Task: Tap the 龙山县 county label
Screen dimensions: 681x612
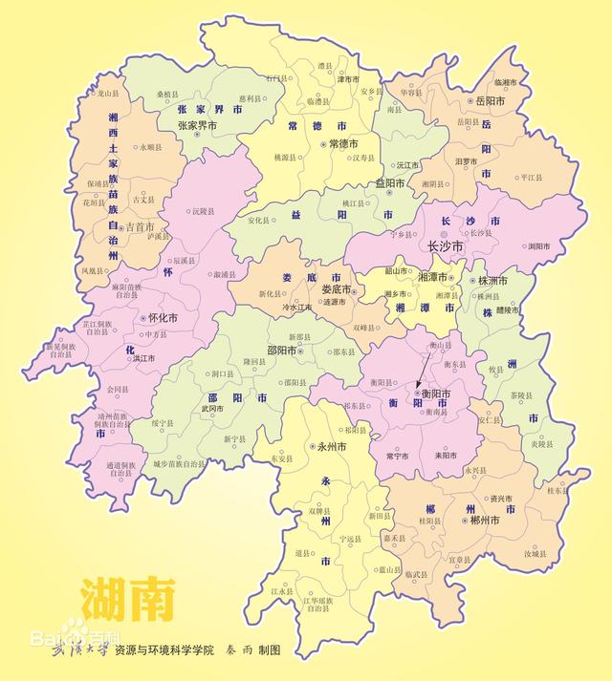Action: click(109, 94)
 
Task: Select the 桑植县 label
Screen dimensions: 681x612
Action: click(168, 96)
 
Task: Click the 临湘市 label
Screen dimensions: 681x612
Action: click(506, 82)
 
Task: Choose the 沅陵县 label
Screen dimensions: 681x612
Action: click(202, 210)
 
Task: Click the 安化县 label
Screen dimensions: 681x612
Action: click(261, 221)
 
